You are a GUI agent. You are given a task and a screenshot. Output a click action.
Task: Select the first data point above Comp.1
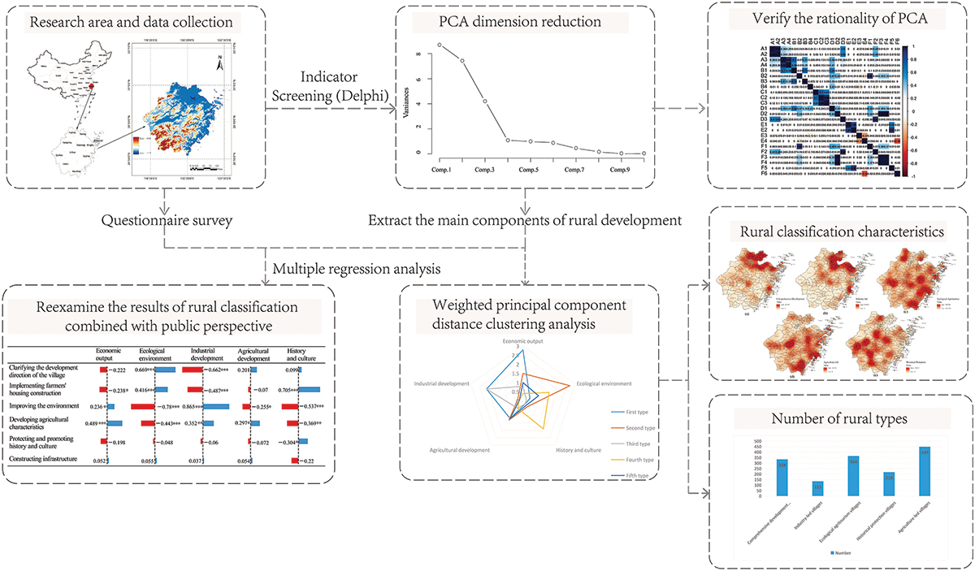pyautogui.click(x=440, y=45)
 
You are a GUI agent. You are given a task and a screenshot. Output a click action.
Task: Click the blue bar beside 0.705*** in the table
pyautogui.click(x=310, y=388)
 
